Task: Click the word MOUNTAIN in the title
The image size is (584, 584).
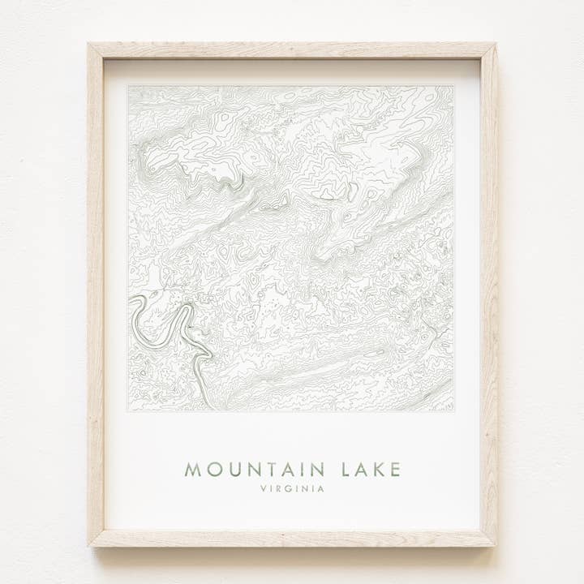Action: tap(255, 469)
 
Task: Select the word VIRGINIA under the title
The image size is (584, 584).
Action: tap(292, 489)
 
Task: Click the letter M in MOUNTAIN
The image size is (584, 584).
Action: tap(192, 469)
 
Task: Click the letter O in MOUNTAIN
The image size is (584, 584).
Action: tap(211, 469)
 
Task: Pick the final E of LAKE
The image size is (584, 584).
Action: tap(394, 469)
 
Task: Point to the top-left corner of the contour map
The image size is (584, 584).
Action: tap(128, 86)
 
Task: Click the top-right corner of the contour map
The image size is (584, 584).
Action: tap(453, 86)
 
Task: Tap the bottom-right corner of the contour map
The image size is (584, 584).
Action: tap(453, 410)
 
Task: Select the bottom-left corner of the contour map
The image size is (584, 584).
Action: tap(128, 410)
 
